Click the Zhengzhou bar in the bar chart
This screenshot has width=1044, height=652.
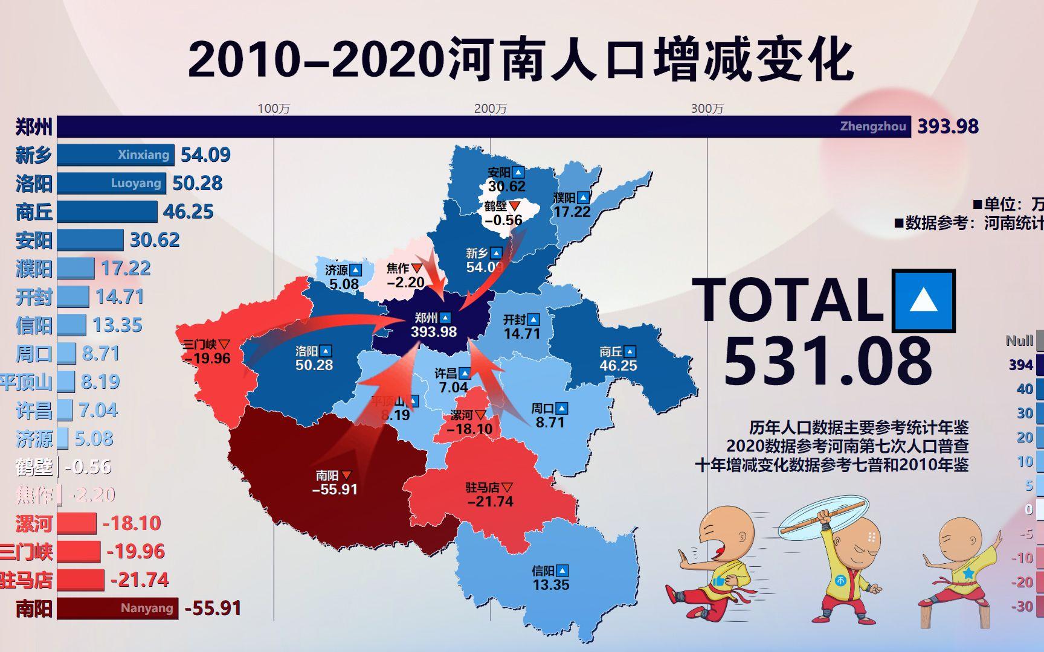click(483, 127)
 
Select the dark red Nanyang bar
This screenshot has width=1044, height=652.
click(118, 608)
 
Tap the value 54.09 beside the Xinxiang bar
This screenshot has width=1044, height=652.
click(205, 155)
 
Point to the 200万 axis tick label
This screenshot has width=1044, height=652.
click(490, 109)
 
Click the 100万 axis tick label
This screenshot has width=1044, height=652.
click(274, 109)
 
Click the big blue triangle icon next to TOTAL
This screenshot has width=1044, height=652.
click(923, 301)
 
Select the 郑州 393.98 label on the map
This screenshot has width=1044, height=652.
click(434, 325)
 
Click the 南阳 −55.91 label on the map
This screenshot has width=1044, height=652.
click(335, 482)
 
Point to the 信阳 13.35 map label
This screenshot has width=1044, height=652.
click(550, 577)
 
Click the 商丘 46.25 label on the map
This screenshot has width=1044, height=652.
click(617, 358)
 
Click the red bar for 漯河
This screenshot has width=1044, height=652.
click(77, 523)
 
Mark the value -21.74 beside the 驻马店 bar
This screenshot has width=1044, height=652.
click(140, 580)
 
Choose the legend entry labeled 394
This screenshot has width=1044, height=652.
click(1020, 365)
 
